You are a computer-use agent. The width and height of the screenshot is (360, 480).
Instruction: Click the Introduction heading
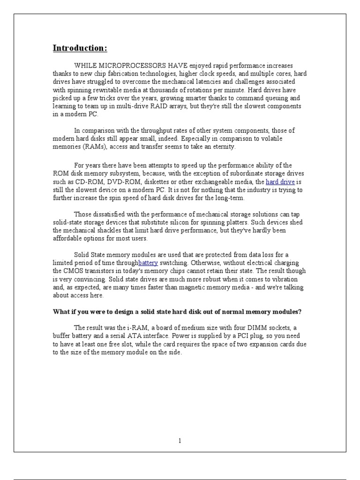point(80,48)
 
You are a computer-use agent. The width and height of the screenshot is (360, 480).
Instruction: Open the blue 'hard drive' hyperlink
point(280,182)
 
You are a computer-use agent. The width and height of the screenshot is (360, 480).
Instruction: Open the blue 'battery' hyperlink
point(148,263)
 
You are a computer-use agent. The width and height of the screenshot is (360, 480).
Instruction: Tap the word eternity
point(222,147)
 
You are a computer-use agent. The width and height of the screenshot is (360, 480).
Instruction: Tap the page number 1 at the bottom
point(180,440)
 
